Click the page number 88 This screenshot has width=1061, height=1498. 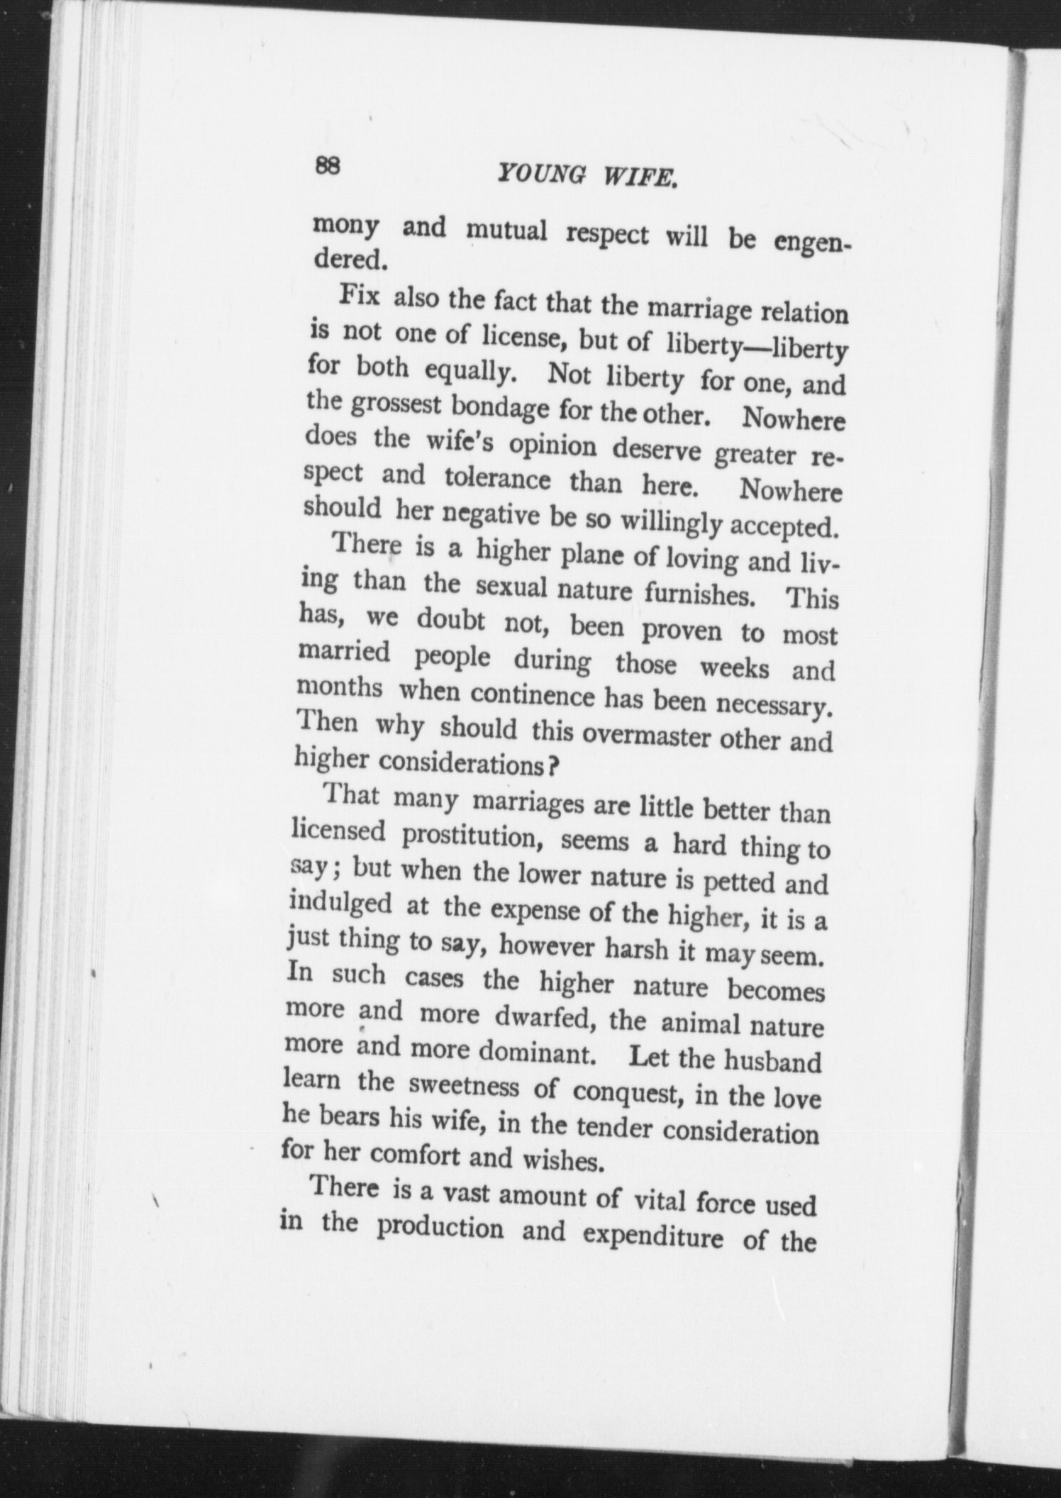click(328, 166)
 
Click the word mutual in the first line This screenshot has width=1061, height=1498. click(506, 231)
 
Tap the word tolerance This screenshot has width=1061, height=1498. click(497, 480)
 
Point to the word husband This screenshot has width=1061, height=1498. click(773, 1062)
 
